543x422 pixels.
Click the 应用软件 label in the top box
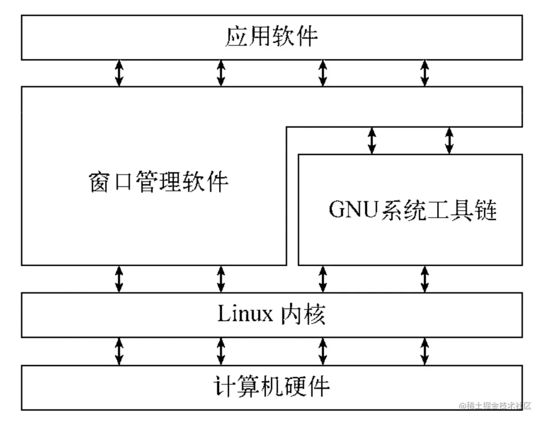click(x=271, y=37)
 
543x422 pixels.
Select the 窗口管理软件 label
click(x=158, y=182)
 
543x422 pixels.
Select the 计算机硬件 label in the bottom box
click(x=271, y=387)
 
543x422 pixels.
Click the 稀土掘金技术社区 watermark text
click(x=495, y=406)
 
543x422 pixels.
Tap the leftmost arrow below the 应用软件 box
click(x=119, y=73)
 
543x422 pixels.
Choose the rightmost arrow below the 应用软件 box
click(x=424, y=73)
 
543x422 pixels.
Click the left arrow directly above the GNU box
click(x=372, y=140)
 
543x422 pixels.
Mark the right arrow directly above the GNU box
click(x=449, y=140)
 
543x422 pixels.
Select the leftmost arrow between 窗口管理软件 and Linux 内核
click(x=119, y=278)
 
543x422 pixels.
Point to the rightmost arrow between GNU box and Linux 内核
click(x=424, y=278)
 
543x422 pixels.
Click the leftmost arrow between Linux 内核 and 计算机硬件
click(x=119, y=351)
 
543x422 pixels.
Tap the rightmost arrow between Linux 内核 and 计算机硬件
click(x=424, y=351)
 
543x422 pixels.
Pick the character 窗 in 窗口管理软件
click(x=99, y=182)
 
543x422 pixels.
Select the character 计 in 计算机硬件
click(x=224, y=387)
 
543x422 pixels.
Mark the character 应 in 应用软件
click(x=236, y=37)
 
